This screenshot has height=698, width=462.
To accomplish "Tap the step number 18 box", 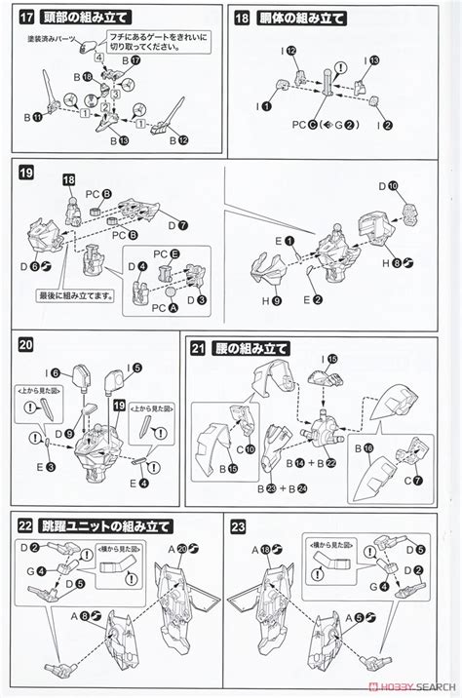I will (244, 18).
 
